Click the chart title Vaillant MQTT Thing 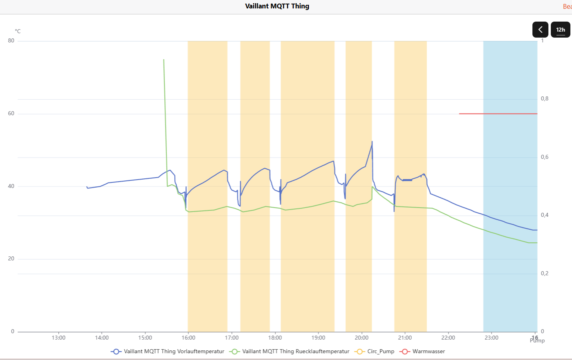click(x=277, y=6)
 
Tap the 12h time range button click(x=560, y=30)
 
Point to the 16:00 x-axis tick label click(x=188, y=338)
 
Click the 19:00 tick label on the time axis click(x=318, y=338)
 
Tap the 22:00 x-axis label click(x=448, y=338)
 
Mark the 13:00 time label click(x=58, y=338)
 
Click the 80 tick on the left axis click(x=11, y=41)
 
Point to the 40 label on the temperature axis click(x=11, y=186)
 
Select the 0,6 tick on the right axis click(x=544, y=157)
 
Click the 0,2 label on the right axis click(x=544, y=274)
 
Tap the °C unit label click(x=18, y=31)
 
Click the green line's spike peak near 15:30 click(x=164, y=60)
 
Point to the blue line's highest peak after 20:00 click(x=372, y=142)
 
